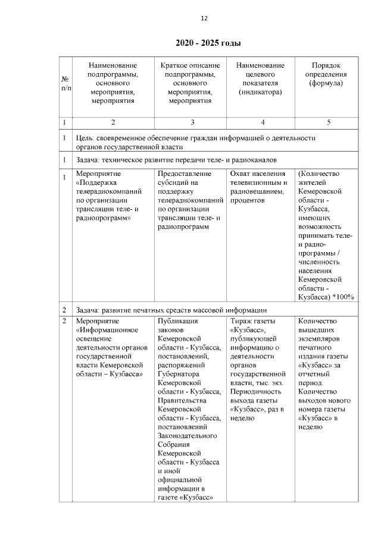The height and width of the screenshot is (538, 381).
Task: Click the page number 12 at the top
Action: pyautogui.click(x=204, y=18)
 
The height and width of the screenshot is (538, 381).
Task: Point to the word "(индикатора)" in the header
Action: pyautogui.click(x=260, y=92)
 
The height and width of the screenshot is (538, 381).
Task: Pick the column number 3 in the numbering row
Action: pyautogui.click(x=190, y=122)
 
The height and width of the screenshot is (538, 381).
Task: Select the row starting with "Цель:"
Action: pyautogui.click(x=196, y=142)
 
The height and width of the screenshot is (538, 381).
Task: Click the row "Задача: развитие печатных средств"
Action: pyautogui.click(x=172, y=310)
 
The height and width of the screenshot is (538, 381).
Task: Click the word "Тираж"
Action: pyautogui.click(x=241, y=322)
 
